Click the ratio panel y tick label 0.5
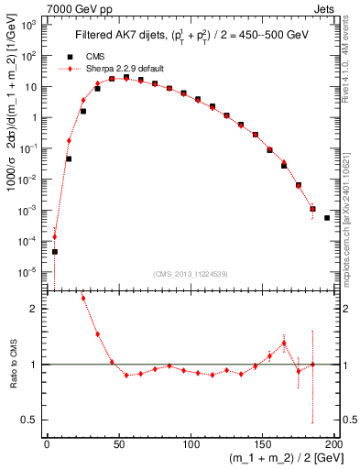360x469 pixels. [31, 420]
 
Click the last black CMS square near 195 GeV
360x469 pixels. [327, 218]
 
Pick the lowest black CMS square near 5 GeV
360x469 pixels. [54, 251]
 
